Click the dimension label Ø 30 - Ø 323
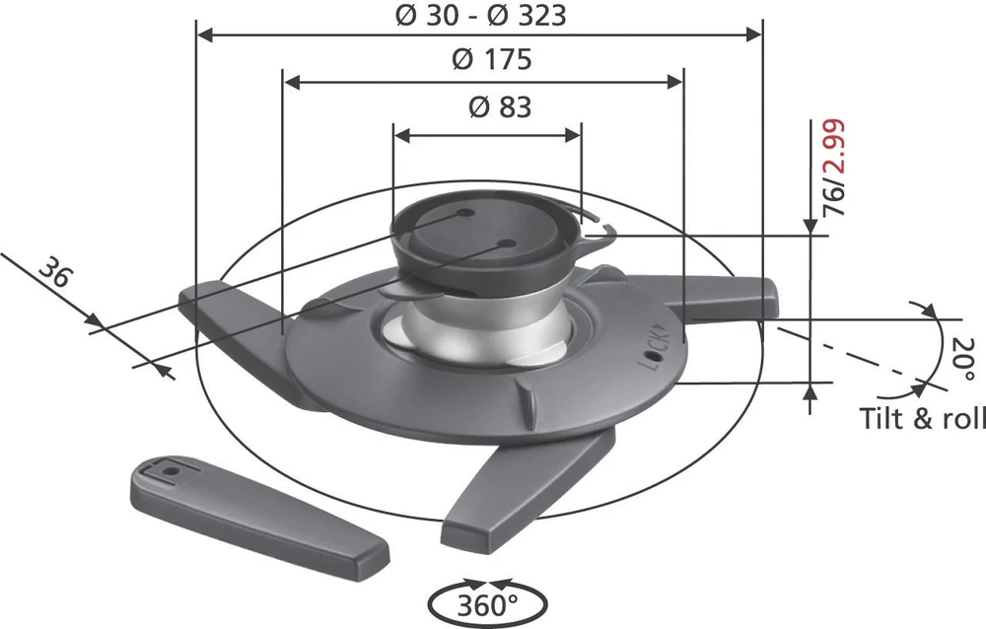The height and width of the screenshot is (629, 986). [480, 16]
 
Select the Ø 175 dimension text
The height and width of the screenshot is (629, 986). [491, 60]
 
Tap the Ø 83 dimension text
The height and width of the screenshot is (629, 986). [498, 107]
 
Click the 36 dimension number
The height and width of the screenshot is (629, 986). [57, 273]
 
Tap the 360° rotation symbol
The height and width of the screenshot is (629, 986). [483, 602]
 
